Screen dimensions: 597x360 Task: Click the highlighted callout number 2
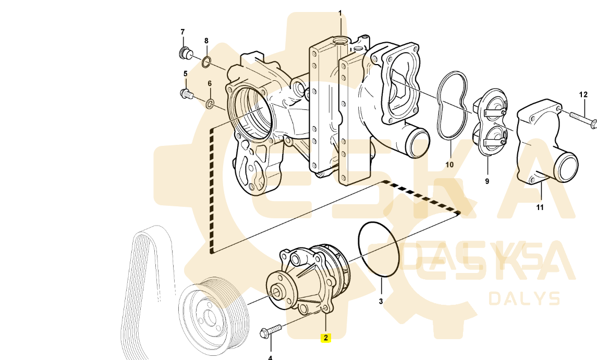coord(325,338)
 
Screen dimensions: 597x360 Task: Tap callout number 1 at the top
coord(340,14)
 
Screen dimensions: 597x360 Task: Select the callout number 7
coord(182,32)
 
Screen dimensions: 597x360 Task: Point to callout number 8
coord(206,41)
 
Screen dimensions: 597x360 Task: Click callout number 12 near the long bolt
coord(583,95)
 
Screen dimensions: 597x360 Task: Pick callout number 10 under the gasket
coord(449,165)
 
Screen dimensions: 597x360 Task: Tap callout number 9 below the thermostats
coord(487,181)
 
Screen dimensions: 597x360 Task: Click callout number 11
coord(540,207)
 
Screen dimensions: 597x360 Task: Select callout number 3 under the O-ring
coord(381,302)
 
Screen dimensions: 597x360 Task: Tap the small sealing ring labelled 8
coord(206,61)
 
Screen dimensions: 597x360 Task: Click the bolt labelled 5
coord(186,93)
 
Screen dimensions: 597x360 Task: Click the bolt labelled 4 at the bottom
coord(270,330)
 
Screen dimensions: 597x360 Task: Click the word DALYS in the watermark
coord(525,299)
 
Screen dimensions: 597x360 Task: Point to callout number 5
coord(186,73)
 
